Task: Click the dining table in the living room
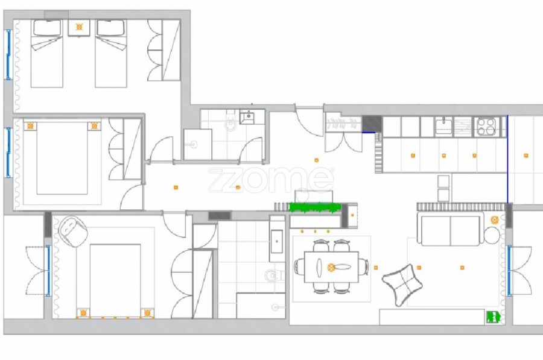point(331,267)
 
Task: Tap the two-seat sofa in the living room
point(451,228)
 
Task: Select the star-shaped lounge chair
point(402,285)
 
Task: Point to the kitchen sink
point(443,126)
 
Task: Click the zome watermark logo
point(271,180)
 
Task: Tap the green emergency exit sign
point(493,317)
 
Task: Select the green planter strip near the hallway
point(315,207)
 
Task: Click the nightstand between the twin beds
point(79,27)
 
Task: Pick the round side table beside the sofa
point(492,236)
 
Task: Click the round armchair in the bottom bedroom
point(72,232)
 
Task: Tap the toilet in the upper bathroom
point(230,121)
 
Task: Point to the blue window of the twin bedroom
point(8,55)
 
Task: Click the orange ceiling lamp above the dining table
point(331,267)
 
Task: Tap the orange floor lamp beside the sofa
point(495,219)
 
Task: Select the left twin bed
point(46,53)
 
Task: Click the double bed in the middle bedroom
point(62,158)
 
